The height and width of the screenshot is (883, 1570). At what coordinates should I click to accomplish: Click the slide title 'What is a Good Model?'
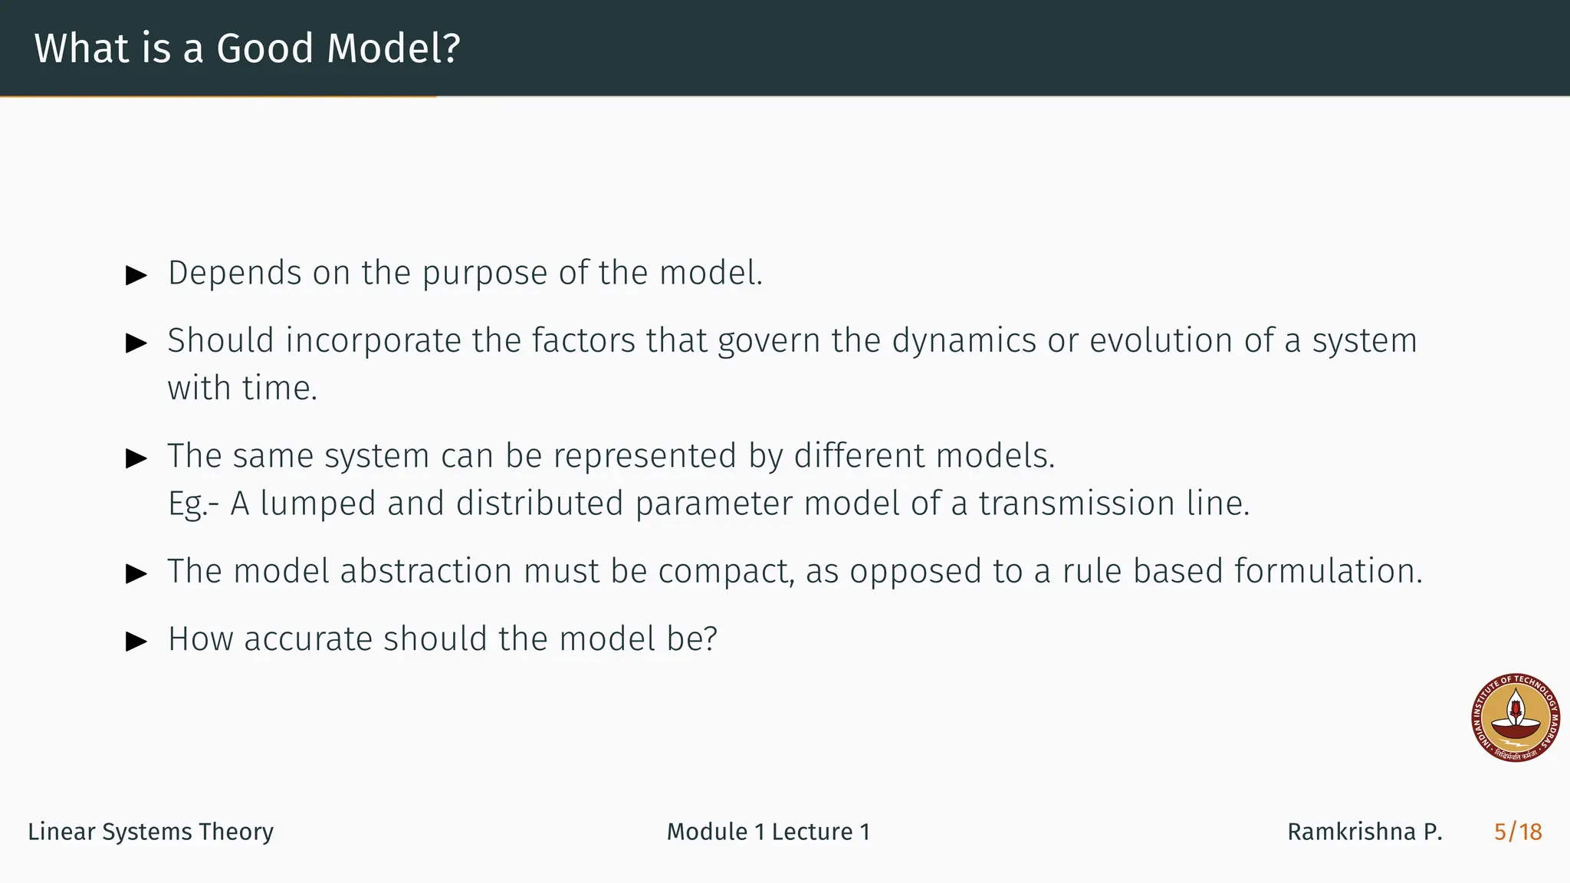(247, 48)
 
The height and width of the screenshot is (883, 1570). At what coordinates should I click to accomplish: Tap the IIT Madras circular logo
(1516, 718)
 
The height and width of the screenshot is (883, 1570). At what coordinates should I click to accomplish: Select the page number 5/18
(1517, 832)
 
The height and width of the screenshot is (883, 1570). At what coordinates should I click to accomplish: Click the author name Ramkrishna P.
(1364, 832)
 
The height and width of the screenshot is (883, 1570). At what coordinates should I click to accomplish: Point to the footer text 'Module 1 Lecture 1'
(768, 832)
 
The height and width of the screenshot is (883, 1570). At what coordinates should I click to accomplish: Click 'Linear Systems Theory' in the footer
(150, 832)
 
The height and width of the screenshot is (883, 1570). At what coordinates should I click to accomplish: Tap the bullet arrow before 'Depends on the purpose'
(136, 275)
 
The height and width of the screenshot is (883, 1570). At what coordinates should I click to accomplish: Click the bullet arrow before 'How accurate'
(136, 641)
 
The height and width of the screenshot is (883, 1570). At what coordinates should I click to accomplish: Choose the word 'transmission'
(1076, 504)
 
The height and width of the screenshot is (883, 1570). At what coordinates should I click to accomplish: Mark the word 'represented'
(645, 457)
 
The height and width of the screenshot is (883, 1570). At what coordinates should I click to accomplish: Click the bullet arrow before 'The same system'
(136, 458)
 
